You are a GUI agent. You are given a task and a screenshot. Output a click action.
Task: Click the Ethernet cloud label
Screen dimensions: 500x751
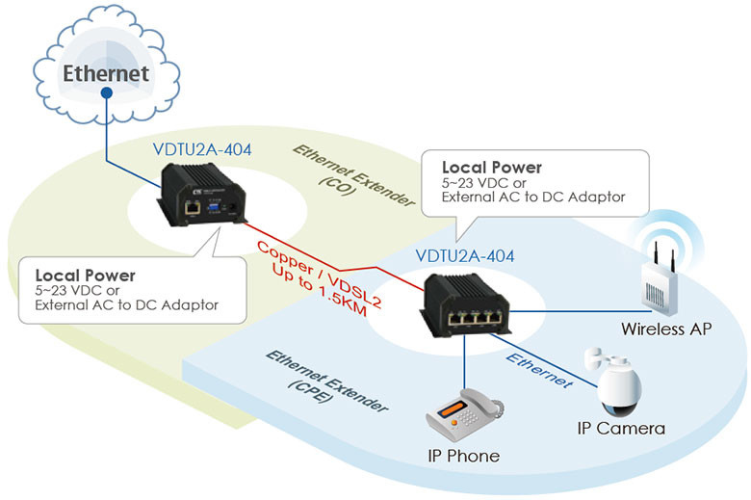[x=106, y=73]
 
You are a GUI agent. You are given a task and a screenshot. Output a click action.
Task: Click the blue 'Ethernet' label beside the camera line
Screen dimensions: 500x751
[x=541, y=369]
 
